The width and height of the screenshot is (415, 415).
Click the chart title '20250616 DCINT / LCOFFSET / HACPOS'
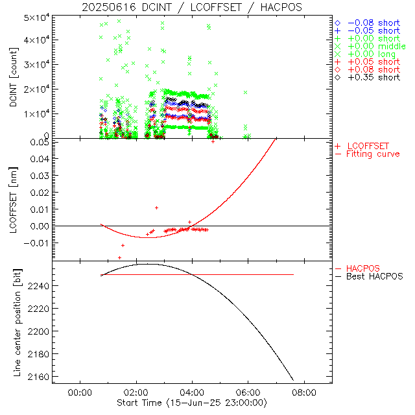pyautogui.click(x=192, y=7)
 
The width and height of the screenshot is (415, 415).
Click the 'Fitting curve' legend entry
pyautogui.click(x=373, y=154)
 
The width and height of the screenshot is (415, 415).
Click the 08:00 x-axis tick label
pyautogui.click(x=305, y=392)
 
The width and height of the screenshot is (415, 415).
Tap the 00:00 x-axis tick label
pyautogui.click(x=79, y=392)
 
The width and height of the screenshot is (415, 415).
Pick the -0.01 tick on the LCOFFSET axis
pyautogui.click(x=38, y=243)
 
